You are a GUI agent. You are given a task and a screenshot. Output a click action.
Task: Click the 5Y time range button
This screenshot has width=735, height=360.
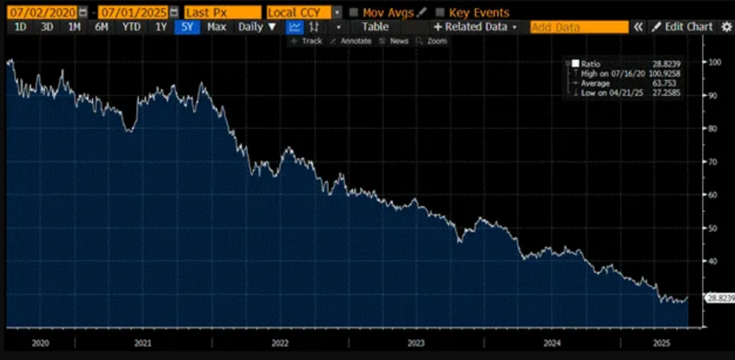pyautogui.click(x=187, y=27)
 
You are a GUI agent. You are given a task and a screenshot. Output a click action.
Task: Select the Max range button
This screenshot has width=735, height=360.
pyautogui.click(x=217, y=27)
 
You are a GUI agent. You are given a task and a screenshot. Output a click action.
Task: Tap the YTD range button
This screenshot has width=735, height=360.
pyautogui.click(x=132, y=27)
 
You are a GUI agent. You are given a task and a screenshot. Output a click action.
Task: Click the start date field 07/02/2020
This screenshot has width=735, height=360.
pyautogui.click(x=40, y=12)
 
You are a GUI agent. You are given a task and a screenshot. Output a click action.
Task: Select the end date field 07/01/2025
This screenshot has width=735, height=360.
pyautogui.click(x=133, y=12)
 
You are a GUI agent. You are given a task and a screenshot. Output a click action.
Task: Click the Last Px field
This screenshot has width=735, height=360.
pyautogui.click(x=222, y=12)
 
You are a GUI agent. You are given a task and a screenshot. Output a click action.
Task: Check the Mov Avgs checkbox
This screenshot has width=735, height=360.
pyautogui.click(x=354, y=12)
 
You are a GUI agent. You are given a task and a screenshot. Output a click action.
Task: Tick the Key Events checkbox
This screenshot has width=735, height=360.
pyautogui.click(x=440, y=12)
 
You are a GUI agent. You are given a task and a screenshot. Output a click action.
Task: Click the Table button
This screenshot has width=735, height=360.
pyautogui.click(x=375, y=27)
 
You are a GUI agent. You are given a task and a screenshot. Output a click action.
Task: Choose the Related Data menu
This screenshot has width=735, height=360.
pyautogui.click(x=476, y=27)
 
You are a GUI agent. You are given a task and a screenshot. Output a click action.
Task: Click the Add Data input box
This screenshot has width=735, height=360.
pyautogui.click(x=579, y=27)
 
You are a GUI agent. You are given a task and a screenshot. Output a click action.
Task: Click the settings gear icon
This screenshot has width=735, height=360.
pyautogui.click(x=727, y=27)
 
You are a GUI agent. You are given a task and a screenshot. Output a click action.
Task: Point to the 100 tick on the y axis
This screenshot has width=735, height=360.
pyautogui.click(x=714, y=62)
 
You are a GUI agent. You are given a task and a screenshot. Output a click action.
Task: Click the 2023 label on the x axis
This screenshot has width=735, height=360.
pyautogui.click(x=416, y=343)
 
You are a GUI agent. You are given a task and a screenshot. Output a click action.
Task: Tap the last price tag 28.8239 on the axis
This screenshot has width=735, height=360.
pyautogui.click(x=720, y=298)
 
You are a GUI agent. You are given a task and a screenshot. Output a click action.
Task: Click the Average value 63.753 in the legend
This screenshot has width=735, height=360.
pyautogui.click(x=668, y=83)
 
